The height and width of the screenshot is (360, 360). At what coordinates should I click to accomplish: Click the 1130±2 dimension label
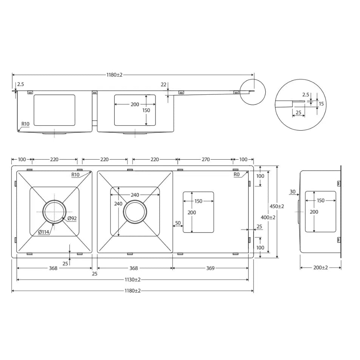tap(132, 280)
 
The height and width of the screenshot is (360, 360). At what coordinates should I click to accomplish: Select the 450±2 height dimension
tap(277, 206)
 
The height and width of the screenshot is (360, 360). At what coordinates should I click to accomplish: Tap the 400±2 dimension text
tap(268, 217)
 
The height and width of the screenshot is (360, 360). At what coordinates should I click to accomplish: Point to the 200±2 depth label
tap(320, 268)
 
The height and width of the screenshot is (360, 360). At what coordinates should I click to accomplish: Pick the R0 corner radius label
tap(237, 175)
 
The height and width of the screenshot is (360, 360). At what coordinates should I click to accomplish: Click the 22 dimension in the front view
tap(163, 85)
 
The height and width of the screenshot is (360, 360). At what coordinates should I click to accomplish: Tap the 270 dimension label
tap(205, 160)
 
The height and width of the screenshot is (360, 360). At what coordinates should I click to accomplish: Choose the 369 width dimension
tap(210, 268)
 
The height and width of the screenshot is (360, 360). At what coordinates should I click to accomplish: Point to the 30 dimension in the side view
tap(293, 192)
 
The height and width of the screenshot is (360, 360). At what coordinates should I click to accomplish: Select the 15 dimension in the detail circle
tap(321, 103)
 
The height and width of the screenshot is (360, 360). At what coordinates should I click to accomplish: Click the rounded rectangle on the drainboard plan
tap(198, 212)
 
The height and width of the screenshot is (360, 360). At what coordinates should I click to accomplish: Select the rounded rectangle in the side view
tap(320, 212)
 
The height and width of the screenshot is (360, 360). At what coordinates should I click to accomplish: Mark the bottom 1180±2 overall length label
tap(132, 291)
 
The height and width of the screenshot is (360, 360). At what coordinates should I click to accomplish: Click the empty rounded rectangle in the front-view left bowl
tap(54, 110)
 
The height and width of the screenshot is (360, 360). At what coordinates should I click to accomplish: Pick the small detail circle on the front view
tap(252, 92)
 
